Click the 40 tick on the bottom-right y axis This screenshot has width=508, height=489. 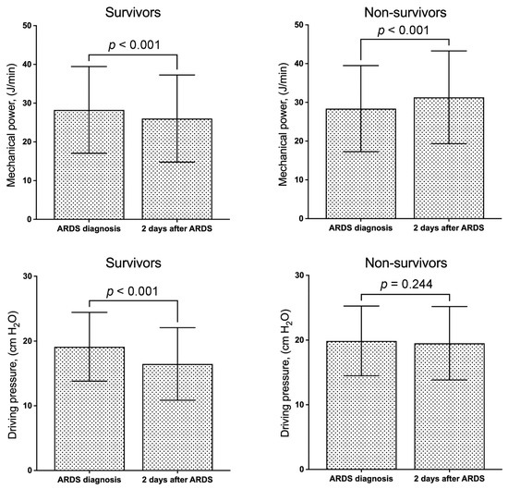(301, 276)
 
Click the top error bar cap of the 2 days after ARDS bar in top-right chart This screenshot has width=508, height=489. (448, 51)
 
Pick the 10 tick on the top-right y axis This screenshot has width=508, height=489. (301, 180)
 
